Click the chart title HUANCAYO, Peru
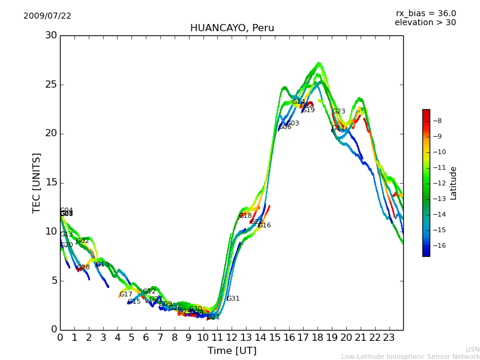tap(232, 28)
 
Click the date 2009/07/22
tap(47, 16)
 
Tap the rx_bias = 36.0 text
tap(425, 14)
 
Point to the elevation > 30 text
tap(425, 23)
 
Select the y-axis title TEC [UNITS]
tap(37, 182)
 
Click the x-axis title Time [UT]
tap(232, 351)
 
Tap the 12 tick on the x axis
tap(232, 338)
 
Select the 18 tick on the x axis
tap(317, 338)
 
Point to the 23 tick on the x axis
tap(389, 338)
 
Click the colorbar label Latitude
tap(454, 183)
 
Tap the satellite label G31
tap(233, 299)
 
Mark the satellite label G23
tap(339, 112)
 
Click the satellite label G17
tap(125, 295)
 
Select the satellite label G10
tap(103, 265)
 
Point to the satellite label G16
tap(264, 226)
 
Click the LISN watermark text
tap(472, 349)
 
